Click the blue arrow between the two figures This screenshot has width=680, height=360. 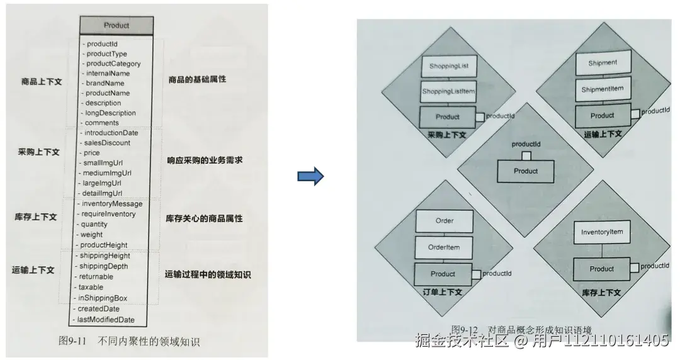click(310, 176)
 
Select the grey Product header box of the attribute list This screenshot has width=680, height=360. click(116, 25)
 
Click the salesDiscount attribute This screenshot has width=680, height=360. click(107, 143)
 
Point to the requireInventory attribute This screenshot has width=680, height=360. click(108, 214)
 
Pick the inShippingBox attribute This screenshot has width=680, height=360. click(103, 298)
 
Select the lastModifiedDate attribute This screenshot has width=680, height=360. click(106, 320)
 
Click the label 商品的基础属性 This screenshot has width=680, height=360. click(197, 80)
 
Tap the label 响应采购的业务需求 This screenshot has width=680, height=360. click(205, 160)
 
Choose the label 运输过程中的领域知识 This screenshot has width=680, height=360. click(208, 274)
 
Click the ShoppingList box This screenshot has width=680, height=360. click(449, 65)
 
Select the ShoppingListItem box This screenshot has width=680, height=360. click(448, 91)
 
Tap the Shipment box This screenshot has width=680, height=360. click(603, 63)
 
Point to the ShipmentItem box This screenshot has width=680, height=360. click(603, 89)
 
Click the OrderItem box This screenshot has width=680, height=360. click(444, 247)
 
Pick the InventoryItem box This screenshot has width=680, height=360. click(602, 232)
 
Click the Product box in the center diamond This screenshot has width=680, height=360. click(526, 171)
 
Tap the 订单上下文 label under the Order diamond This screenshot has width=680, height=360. click(442, 292)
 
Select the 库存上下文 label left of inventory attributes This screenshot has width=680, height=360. click(35, 217)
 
